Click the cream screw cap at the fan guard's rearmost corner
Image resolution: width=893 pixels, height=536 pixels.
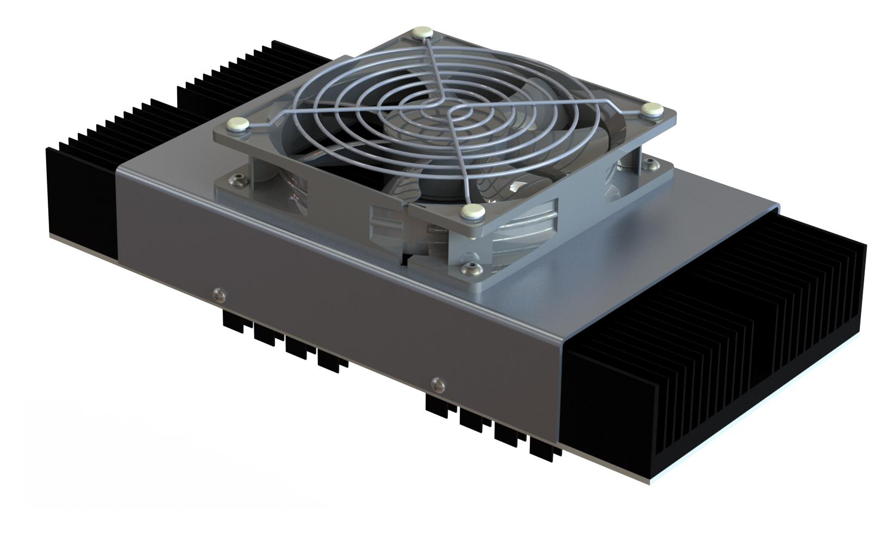(422, 33)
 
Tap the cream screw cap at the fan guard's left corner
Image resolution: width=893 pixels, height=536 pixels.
(239, 123)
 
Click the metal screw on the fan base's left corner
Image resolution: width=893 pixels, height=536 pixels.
(237, 177)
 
